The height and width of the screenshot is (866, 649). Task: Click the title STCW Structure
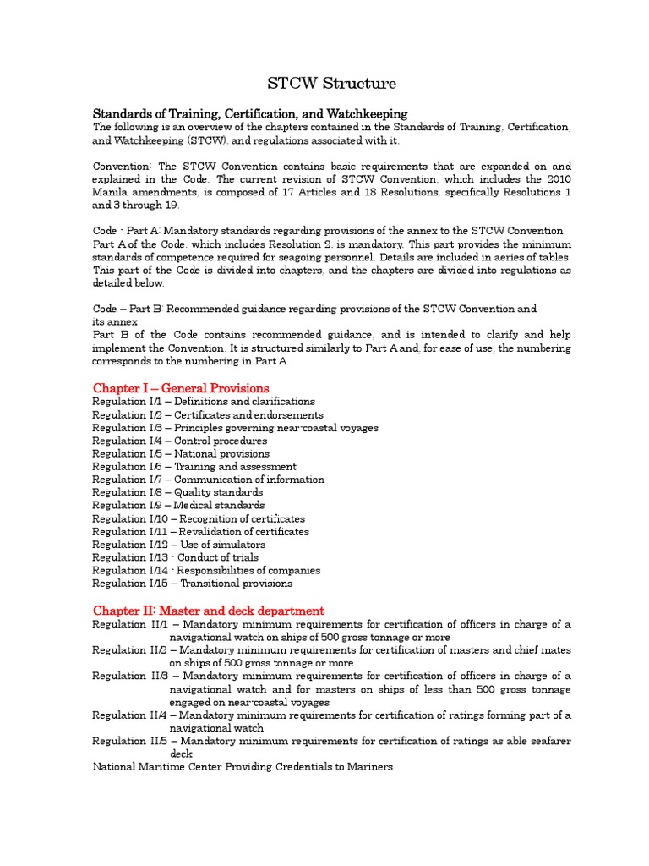tap(330, 83)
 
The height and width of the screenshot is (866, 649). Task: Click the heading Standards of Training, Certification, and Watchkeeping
tap(250, 113)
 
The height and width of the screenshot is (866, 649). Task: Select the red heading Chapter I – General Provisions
tap(181, 388)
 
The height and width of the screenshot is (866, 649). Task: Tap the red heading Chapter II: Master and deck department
tap(208, 611)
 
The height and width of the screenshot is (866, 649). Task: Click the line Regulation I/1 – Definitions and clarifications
tap(204, 402)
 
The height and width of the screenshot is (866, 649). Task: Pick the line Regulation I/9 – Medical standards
tap(178, 506)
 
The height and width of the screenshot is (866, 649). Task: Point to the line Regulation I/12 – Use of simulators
tap(178, 545)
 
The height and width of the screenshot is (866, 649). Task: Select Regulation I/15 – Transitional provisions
tap(193, 584)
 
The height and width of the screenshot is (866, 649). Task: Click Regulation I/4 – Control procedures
tap(179, 441)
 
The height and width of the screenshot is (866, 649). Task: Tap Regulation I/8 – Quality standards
tap(177, 492)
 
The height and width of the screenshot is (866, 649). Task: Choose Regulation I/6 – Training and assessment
tap(194, 467)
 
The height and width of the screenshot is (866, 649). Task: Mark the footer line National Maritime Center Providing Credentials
tap(243, 767)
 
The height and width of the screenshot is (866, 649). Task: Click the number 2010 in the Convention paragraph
tap(555, 179)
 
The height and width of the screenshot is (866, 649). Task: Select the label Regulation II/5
tap(130, 741)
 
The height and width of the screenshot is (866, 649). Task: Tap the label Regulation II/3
tap(130, 676)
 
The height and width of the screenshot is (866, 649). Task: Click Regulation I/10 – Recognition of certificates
tap(199, 518)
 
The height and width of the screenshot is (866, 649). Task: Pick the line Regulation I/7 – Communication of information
tap(208, 480)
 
